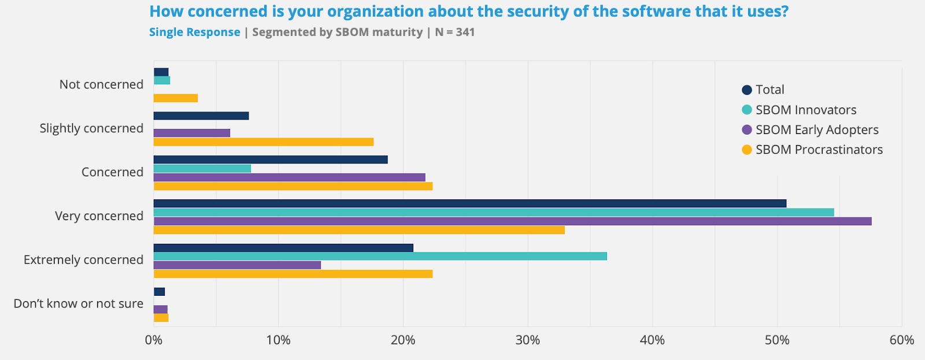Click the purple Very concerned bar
512,221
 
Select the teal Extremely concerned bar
380,256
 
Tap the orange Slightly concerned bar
263,142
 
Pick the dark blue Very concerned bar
469,203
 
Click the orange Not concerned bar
175,98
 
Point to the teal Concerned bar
202,169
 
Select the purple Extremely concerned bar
237,265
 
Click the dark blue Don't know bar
159,292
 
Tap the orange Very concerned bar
358,230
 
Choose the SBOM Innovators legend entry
805,110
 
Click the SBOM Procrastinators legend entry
819,150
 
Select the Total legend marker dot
747,90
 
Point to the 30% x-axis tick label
527,340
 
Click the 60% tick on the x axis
901,340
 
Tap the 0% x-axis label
154,340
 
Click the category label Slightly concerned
91,128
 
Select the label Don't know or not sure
78,304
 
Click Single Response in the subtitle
194,32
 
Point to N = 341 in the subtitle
454,32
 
